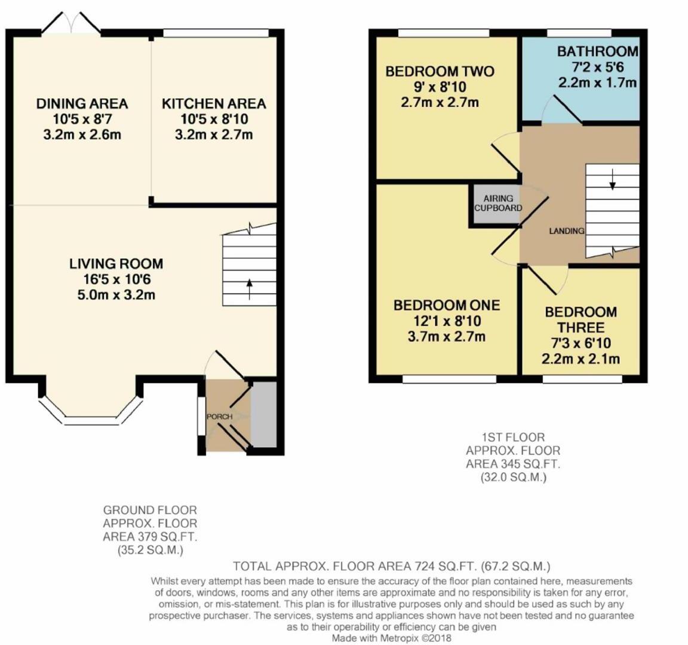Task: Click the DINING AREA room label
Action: tap(82, 103)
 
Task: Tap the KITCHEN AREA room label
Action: tap(214, 103)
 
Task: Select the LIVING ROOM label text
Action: tap(116, 263)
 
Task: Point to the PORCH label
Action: tap(219, 416)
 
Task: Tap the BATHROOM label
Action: tap(597, 51)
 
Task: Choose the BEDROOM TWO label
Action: tap(440, 72)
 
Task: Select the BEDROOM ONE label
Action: tap(446, 305)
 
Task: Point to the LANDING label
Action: tap(566, 231)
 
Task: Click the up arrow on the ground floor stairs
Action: tap(249, 287)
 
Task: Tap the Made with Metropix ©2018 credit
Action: tap(392, 638)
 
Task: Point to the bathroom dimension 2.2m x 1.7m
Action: tap(597, 82)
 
